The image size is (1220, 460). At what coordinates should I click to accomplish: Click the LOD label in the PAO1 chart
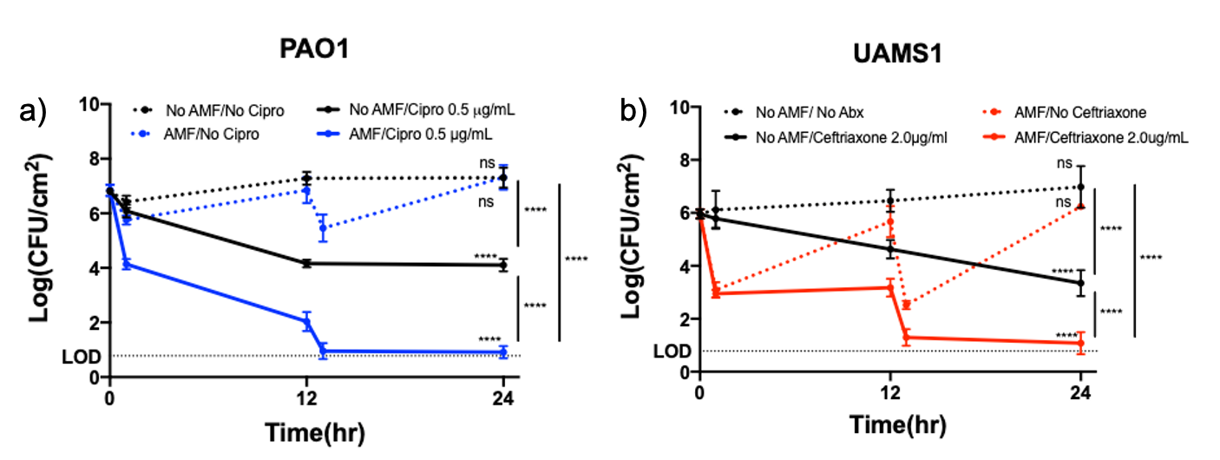pyautogui.click(x=75, y=356)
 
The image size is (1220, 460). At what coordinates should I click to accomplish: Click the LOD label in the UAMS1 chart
pyautogui.click(x=672, y=351)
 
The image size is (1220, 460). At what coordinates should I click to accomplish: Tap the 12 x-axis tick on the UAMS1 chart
pyautogui.click(x=889, y=391)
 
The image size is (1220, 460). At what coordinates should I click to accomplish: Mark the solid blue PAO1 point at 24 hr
pyautogui.click(x=503, y=352)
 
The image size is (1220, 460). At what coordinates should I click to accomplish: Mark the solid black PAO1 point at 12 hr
pyautogui.click(x=306, y=263)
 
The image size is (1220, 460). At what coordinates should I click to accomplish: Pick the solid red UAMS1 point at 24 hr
pyautogui.click(x=1080, y=344)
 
